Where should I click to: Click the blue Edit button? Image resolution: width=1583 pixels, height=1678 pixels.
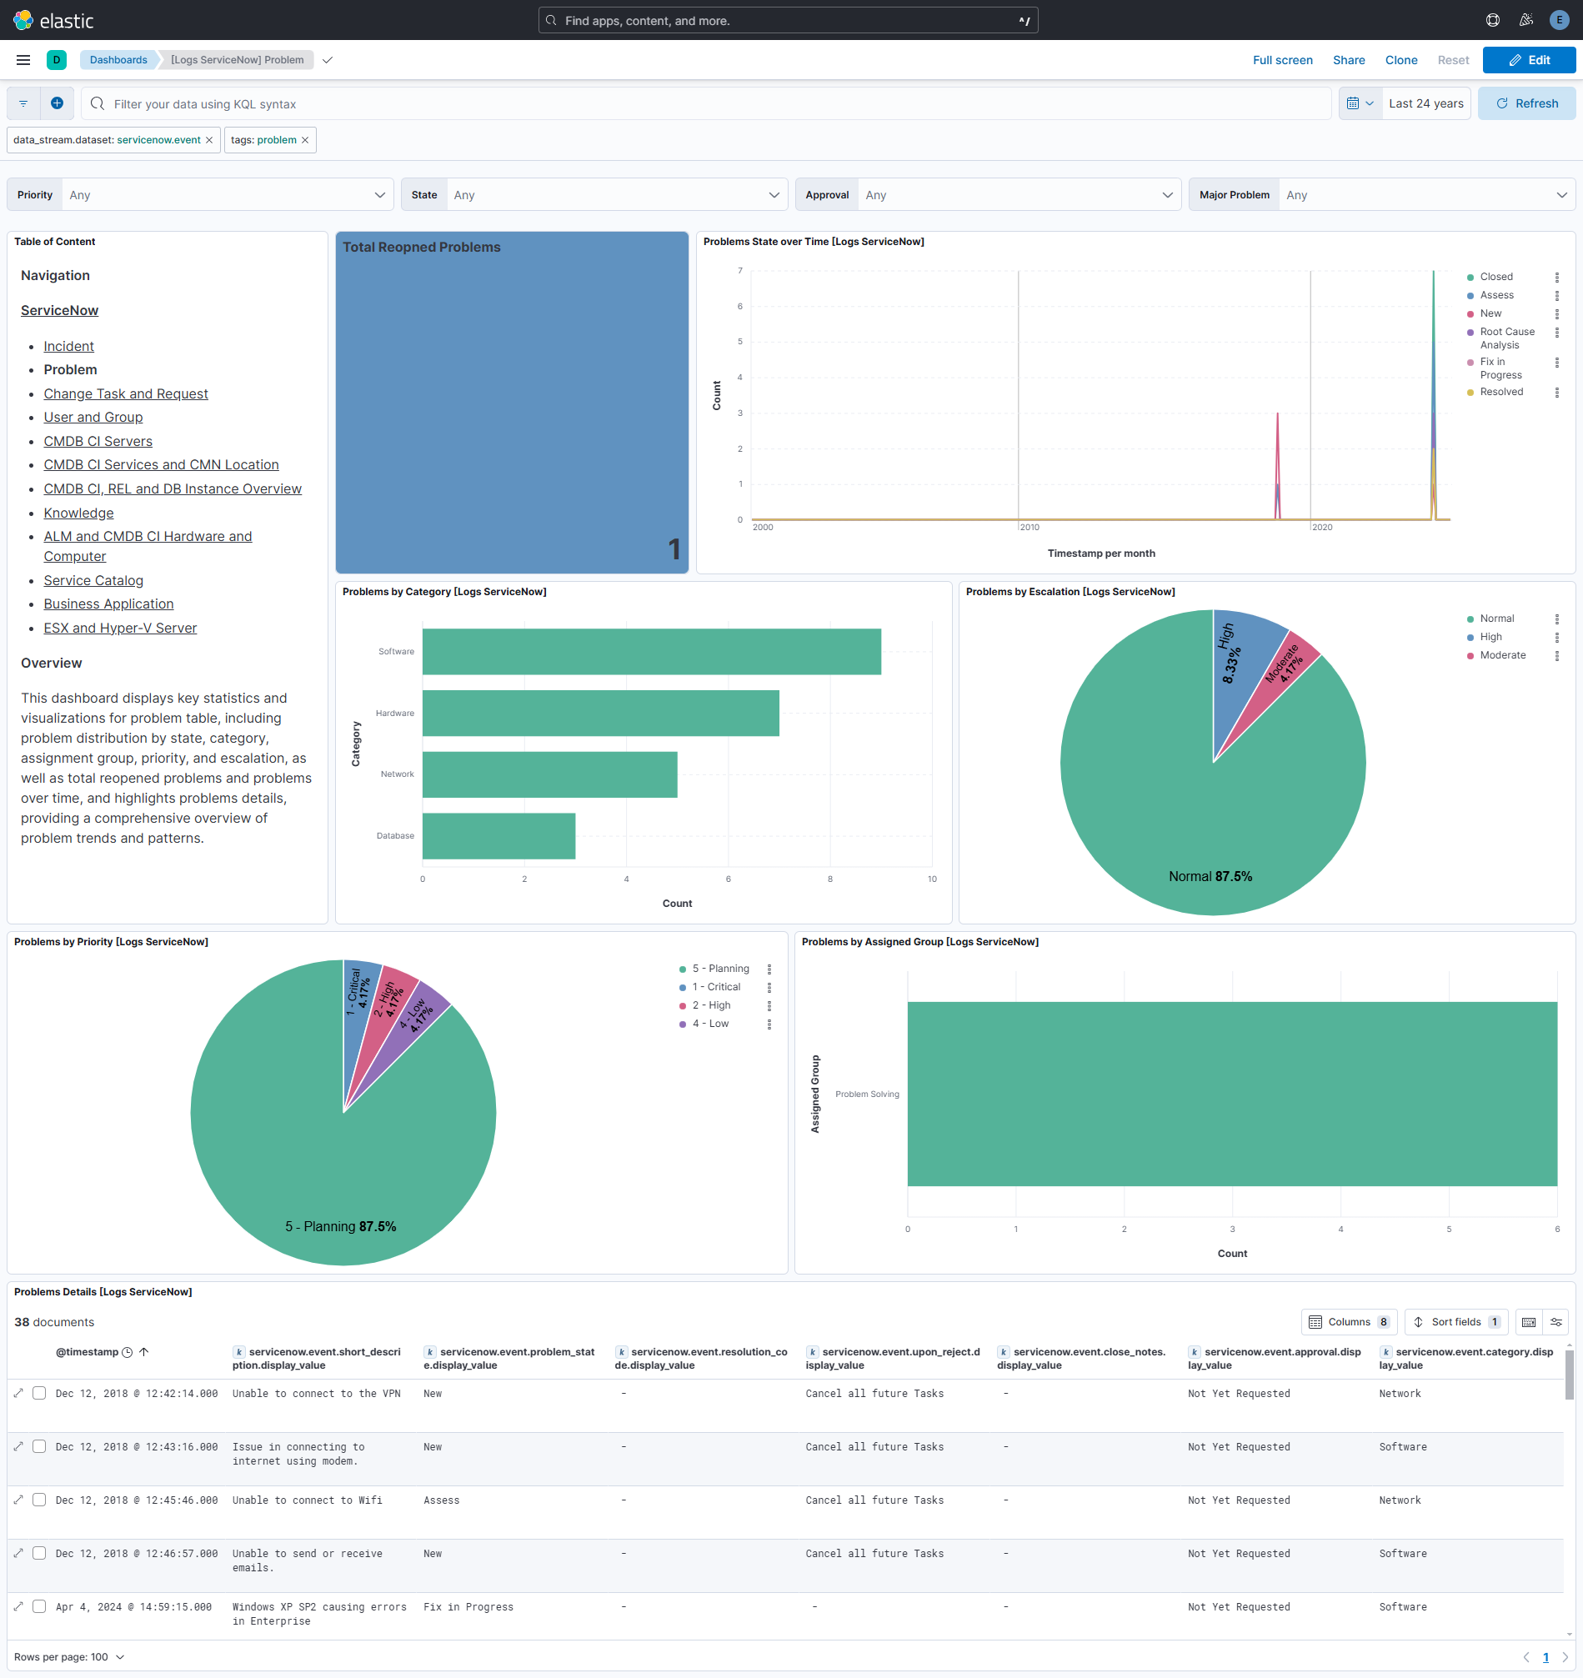pyautogui.click(x=1528, y=60)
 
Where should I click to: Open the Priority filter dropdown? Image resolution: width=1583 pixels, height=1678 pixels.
pyautogui.click(x=226, y=195)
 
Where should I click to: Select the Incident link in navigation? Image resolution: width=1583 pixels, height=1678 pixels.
pyautogui.click(x=68, y=346)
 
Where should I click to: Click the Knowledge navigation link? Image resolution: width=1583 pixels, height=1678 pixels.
pyautogui.click(x=78, y=513)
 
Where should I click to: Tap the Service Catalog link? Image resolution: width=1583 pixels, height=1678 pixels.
pyautogui.click(x=93, y=580)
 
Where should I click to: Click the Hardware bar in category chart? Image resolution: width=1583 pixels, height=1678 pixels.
pyautogui.click(x=599, y=714)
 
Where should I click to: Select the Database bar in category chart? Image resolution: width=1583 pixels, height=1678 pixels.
pyautogui.click(x=498, y=835)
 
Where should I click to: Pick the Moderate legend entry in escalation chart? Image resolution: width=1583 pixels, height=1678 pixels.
pyautogui.click(x=1502, y=655)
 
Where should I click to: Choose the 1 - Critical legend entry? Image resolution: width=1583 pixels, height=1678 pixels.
pyautogui.click(x=716, y=987)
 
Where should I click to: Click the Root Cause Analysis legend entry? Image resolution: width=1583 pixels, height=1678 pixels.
pyautogui.click(x=1506, y=338)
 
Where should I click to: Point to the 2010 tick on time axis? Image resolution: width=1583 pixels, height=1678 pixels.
pyautogui.click(x=1029, y=527)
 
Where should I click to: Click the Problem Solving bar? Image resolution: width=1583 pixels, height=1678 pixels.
pyautogui.click(x=1231, y=1093)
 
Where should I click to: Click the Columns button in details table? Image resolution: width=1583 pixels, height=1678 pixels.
pyautogui.click(x=1348, y=1322)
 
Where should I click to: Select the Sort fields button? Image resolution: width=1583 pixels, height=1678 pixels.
pyautogui.click(x=1455, y=1322)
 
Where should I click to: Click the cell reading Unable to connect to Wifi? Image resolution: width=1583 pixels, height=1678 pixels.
pyautogui.click(x=308, y=1500)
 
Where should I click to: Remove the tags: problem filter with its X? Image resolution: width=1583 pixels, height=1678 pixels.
pyautogui.click(x=305, y=140)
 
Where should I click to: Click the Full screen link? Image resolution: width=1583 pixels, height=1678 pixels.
pyautogui.click(x=1281, y=60)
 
